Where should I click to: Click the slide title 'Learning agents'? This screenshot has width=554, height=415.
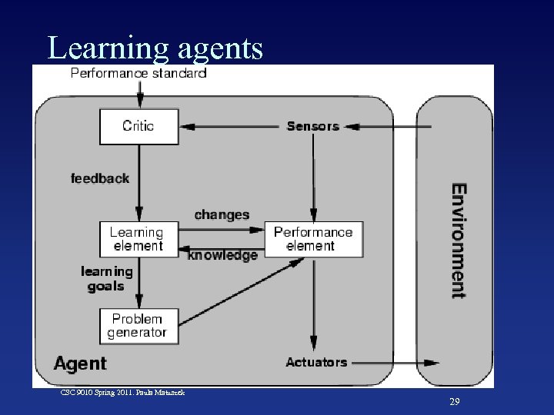tap(155, 48)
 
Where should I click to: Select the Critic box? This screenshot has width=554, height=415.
tap(138, 126)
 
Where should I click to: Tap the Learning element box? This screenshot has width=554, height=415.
tap(138, 239)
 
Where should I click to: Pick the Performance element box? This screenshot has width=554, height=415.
tap(313, 239)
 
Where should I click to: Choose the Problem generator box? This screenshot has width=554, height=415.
tap(138, 326)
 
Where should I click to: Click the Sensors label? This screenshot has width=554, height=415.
tap(312, 126)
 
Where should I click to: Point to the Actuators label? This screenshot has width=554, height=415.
tap(316, 362)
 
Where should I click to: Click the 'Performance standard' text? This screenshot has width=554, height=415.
tap(138, 74)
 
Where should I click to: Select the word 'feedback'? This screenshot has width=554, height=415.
tap(100, 178)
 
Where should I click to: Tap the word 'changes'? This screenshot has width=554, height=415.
tap(222, 214)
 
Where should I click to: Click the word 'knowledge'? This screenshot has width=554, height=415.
tap(222, 255)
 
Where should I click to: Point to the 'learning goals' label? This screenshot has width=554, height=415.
tap(106, 278)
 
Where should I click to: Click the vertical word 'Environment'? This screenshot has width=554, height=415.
tap(458, 240)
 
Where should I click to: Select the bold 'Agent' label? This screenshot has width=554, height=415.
tap(80, 362)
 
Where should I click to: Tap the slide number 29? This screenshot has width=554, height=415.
tap(454, 402)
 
